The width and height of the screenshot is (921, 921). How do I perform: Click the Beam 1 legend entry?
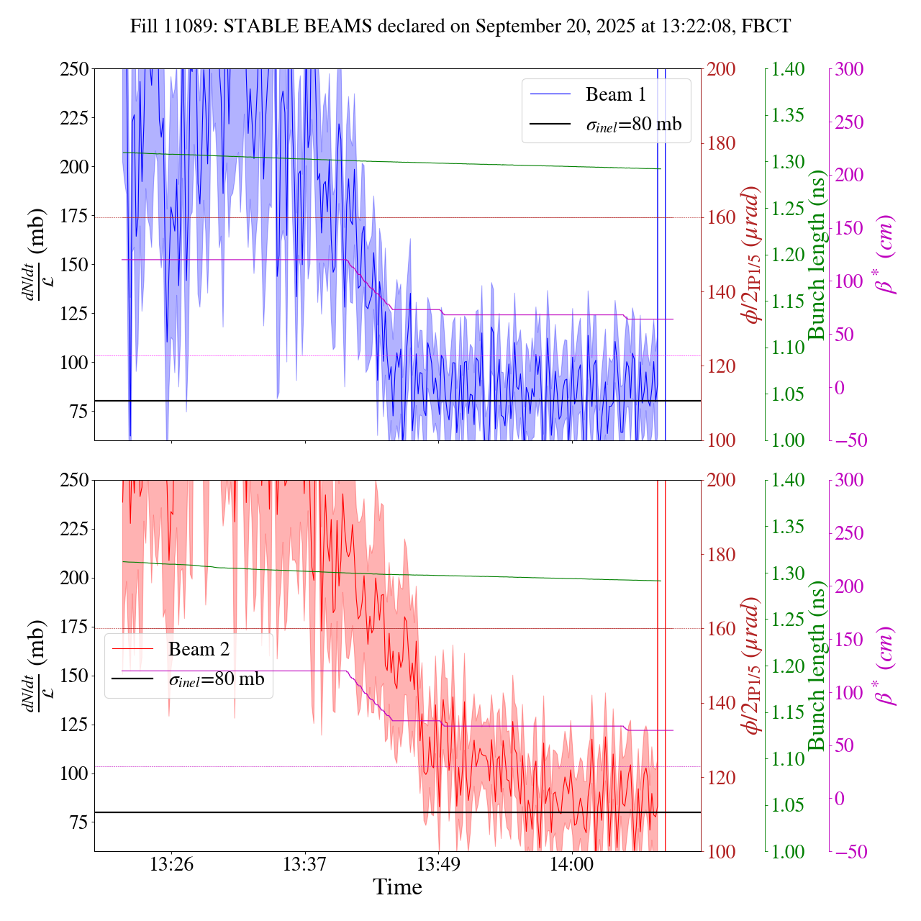tap(615, 94)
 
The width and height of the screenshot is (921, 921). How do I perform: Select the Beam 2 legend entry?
tap(199, 649)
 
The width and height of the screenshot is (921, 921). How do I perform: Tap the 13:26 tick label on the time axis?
tap(171, 863)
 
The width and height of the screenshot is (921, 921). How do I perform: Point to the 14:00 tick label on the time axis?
tap(572, 863)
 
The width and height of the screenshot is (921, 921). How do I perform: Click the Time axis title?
tap(397, 887)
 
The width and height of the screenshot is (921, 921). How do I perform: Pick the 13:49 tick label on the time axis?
tap(438, 863)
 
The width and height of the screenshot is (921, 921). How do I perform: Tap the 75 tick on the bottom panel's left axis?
tap(78, 822)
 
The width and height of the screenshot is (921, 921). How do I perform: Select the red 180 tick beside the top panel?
tap(722, 143)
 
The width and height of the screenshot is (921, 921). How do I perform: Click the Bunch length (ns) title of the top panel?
tap(817, 255)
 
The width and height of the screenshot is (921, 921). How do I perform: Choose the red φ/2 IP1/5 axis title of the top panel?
tap(753, 255)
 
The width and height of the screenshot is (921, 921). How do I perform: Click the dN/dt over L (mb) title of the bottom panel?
tap(32, 666)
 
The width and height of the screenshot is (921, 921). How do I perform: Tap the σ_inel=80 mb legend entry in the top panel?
tap(633, 124)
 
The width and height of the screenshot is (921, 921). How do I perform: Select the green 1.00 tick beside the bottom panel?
tap(789, 851)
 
